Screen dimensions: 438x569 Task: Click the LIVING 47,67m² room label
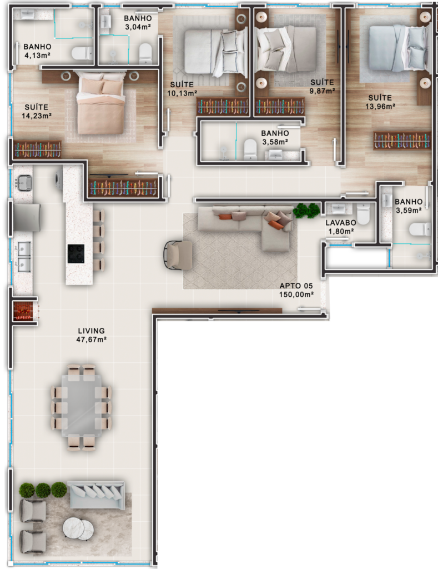point(92,335)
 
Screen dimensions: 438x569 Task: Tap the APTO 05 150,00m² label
point(296,290)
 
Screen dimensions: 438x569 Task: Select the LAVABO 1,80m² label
point(340,227)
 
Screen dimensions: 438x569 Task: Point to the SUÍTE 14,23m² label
point(36,111)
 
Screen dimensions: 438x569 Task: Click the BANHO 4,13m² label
point(37,51)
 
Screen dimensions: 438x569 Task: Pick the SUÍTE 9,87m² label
point(322,86)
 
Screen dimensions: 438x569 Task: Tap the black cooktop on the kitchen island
point(76,253)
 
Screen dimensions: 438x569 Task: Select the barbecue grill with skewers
point(24,311)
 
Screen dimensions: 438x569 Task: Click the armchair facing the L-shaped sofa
point(179,255)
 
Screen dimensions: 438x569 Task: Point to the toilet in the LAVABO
point(363,213)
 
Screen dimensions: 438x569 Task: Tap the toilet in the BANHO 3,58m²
point(250,149)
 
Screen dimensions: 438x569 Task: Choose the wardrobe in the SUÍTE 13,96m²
point(402,141)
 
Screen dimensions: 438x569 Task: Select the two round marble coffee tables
point(78,528)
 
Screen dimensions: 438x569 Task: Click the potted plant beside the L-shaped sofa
point(306,211)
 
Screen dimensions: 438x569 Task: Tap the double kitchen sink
point(24,257)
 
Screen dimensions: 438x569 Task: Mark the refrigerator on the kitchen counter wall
point(27,217)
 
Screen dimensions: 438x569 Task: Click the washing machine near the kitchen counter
point(59,179)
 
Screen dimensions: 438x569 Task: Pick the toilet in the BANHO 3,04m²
point(145,53)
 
